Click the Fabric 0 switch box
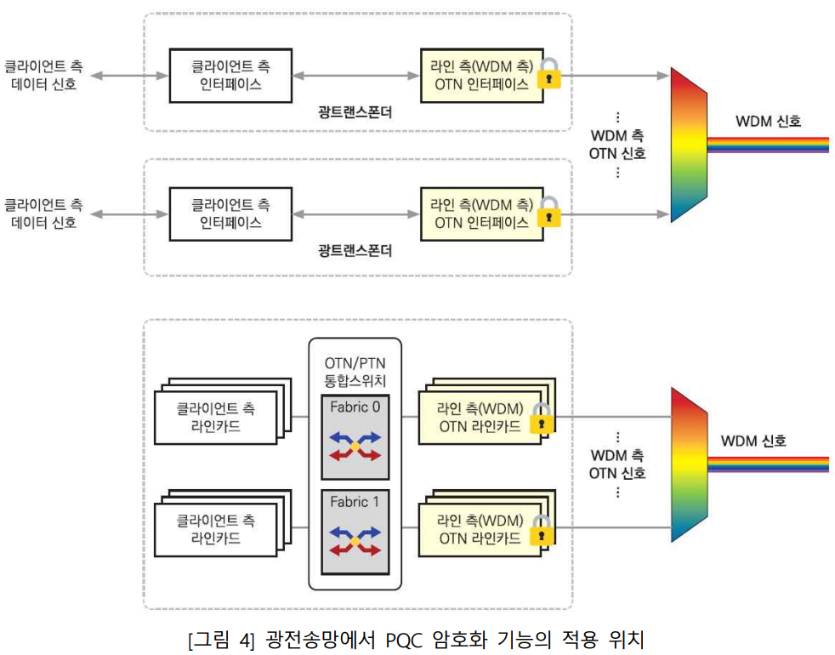(355, 437)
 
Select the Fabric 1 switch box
(355, 532)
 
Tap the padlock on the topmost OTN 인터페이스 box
(549, 73)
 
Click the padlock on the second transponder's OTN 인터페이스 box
(549, 212)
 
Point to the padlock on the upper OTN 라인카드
(542, 419)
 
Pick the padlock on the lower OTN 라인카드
(542, 530)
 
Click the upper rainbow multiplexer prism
(689, 145)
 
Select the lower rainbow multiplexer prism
(689, 464)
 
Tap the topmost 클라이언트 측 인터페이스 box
(230, 76)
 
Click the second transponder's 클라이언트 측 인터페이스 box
(230, 214)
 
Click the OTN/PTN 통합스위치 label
(355, 372)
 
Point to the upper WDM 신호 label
(768, 122)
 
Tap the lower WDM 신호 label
(753, 441)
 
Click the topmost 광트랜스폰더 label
(355, 112)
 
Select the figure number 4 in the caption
(244, 640)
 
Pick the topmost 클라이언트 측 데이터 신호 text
(43, 75)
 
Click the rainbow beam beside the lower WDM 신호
(769, 464)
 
